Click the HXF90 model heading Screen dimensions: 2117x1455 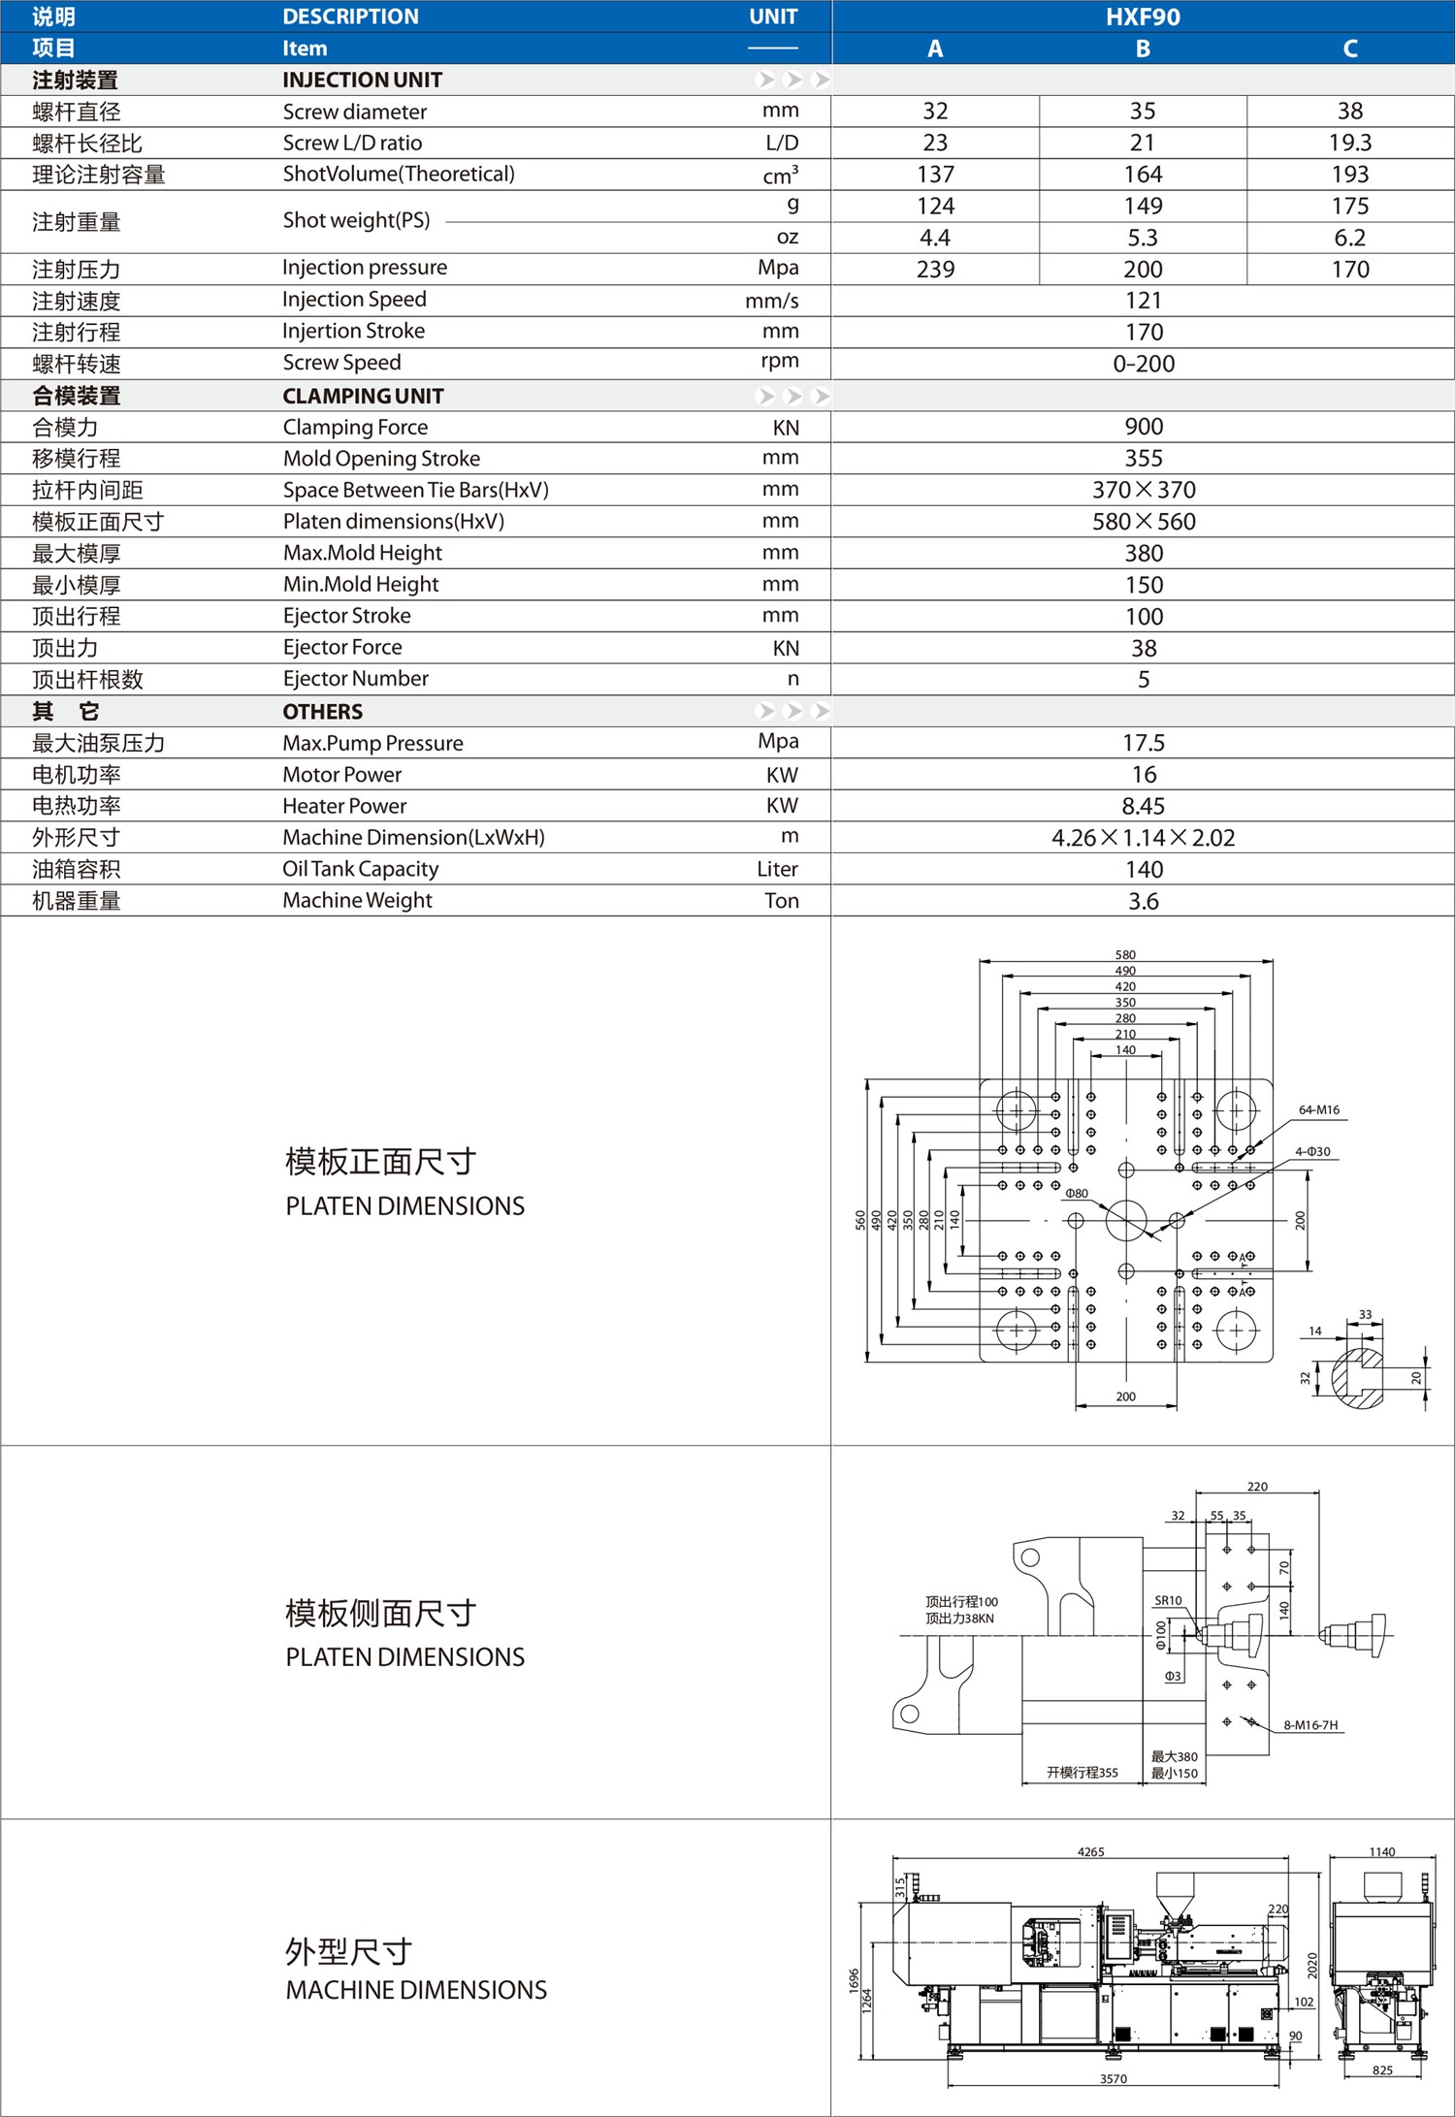tap(1143, 16)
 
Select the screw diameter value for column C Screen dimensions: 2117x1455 tap(1349, 111)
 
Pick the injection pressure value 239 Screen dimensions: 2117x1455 tap(935, 269)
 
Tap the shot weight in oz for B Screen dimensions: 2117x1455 tap(1143, 238)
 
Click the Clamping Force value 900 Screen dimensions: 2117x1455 tap(1144, 427)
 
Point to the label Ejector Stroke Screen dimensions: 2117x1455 tap(346, 616)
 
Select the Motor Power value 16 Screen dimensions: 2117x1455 tap(1144, 774)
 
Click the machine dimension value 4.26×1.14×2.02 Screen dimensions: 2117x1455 tap(1143, 837)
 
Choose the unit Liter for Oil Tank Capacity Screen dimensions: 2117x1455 tap(777, 869)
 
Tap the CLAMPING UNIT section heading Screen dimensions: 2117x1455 tap(363, 396)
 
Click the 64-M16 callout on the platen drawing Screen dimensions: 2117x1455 tap(1318, 1109)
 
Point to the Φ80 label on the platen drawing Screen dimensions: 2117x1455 tap(1077, 1193)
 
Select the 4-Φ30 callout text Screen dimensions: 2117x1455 tap(1312, 1151)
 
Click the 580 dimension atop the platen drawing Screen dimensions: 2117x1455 tap(1125, 954)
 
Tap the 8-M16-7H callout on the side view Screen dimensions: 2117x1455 tap(1309, 1724)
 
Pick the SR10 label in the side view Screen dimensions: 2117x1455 tap(1168, 1600)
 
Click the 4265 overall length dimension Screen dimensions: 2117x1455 tap(1090, 1851)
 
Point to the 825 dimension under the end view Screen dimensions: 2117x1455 tap(1382, 2069)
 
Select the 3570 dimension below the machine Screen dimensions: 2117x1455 tap(1114, 2078)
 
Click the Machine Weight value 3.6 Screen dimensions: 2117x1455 tap(1143, 901)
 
